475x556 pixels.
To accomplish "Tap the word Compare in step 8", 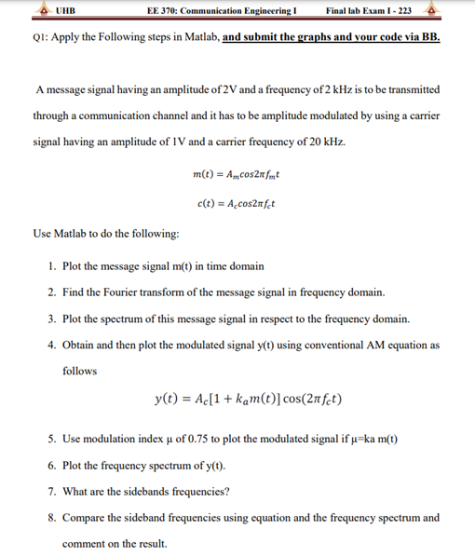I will pos(84,517).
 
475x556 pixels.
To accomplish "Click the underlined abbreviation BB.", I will pos(429,41).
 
